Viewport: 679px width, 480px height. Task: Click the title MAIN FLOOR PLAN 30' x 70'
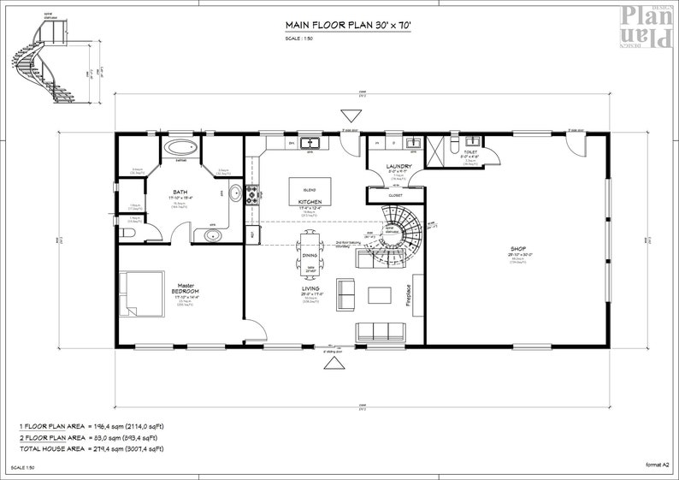point(347,27)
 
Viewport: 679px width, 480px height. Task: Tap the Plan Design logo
point(649,26)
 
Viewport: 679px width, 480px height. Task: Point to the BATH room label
point(180,193)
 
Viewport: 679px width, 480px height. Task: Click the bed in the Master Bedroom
point(141,293)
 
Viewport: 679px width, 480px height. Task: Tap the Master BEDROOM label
point(186,289)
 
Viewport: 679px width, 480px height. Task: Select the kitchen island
point(310,187)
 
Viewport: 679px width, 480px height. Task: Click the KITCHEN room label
point(310,202)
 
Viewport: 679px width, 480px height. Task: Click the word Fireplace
point(409,297)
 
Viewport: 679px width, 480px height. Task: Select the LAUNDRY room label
point(399,166)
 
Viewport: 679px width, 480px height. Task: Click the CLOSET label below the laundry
point(395,195)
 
